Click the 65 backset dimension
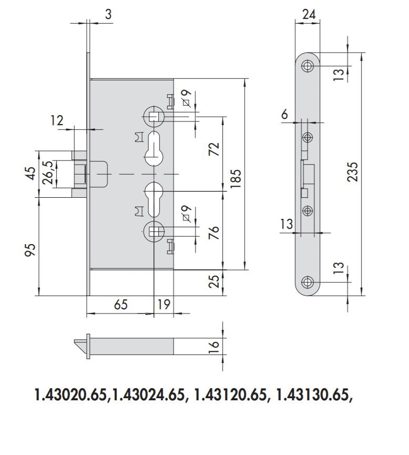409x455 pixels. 121,305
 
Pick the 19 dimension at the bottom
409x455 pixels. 164,305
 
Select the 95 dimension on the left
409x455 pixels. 30,249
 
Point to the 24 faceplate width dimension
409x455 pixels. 309,14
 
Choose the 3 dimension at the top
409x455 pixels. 108,14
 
